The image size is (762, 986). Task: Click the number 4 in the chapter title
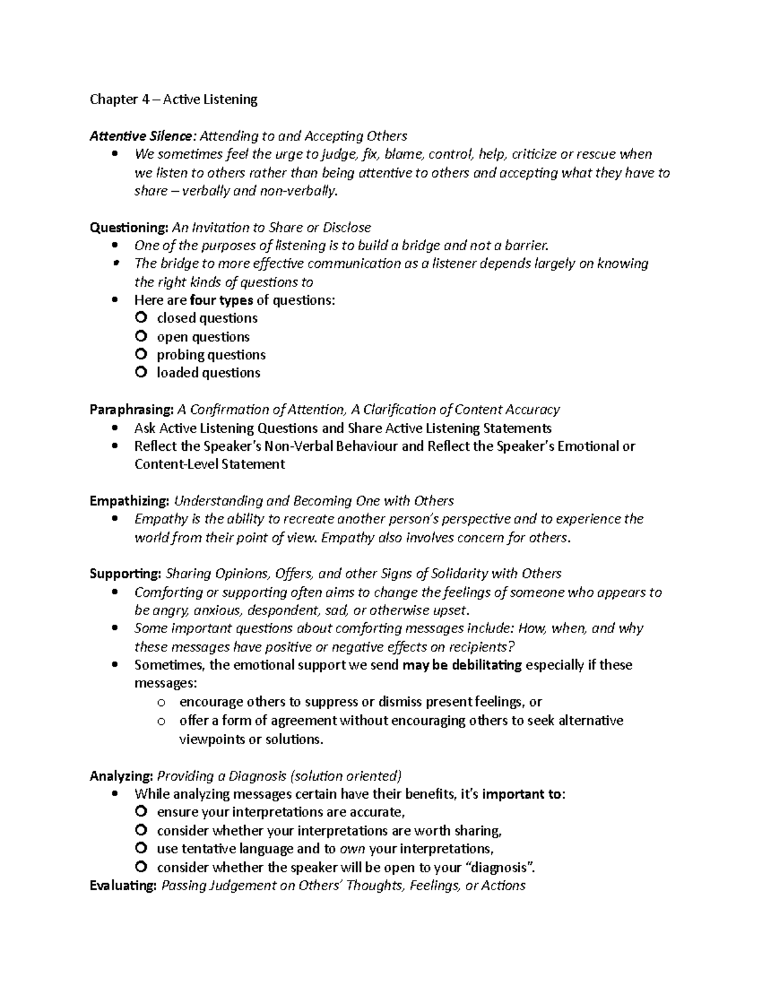tap(145, 99)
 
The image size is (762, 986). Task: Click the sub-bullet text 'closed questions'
tap(207, 318)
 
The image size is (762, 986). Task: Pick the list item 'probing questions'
tap(211, 355)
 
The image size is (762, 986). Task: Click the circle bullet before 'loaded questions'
tap(141, 373)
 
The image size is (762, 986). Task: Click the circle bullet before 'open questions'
tap(141, 336)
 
